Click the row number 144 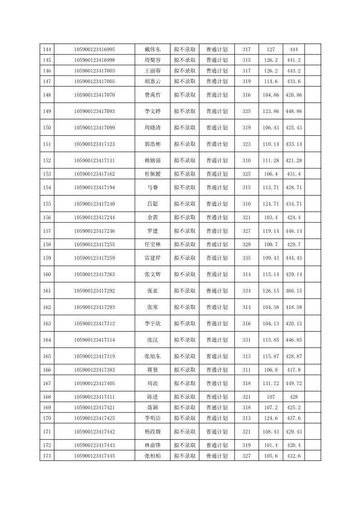(x=47, y=49)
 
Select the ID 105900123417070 (x=94, y=95)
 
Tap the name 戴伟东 (x=152, y=49)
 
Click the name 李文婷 (x=152, y=111)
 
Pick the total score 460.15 (x=294, y=291)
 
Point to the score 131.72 (x=271, y=383)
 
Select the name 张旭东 (x=152, y=356)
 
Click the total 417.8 (x=294, y=370)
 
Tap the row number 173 (x=47, y=455)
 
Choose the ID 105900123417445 (x=94, y=455)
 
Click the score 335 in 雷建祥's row (x=247, y=258)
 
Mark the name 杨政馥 (x=152, y=431)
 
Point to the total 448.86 (x=294, y=111)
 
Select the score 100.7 (x=271, y=245)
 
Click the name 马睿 (x=152, y=187)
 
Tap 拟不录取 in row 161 (x=185, y=291)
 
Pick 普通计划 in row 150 (x=217, y=127)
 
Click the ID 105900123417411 (x=94, y=397)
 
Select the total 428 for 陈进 (x=294, y=397)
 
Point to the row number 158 (x=47, y=245)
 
